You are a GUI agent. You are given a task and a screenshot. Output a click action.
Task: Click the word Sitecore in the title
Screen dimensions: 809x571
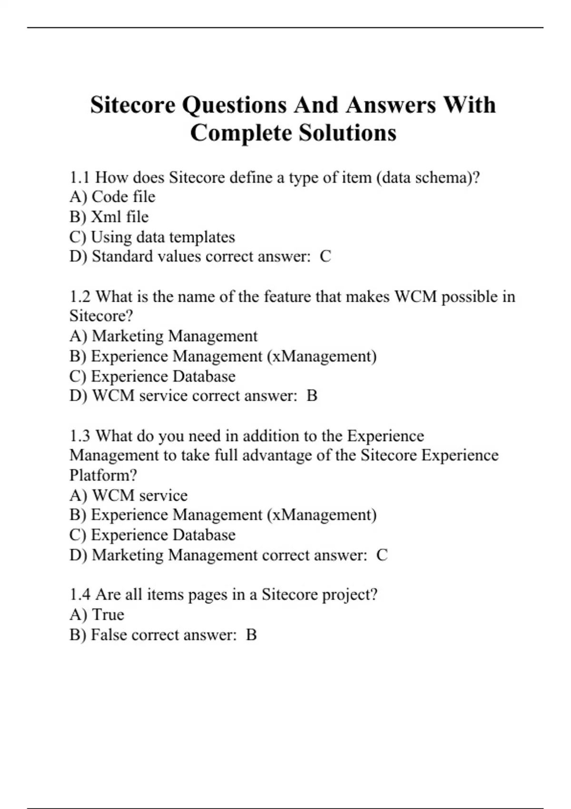coord(133,105)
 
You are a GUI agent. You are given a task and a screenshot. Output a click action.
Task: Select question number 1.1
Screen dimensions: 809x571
coord(79,178)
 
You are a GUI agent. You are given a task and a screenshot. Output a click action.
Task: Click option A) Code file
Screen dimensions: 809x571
coord(112,197)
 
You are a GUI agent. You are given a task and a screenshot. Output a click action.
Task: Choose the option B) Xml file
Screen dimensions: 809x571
coord(109,217)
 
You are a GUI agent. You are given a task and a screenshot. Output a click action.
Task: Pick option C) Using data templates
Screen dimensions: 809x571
coord(152,237)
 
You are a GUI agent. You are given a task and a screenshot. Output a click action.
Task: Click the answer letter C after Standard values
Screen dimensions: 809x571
coord(325,257)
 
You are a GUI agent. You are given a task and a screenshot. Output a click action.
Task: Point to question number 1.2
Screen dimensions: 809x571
coord(79,296)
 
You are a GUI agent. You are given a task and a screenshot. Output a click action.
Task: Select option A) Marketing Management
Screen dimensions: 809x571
coord(163,336)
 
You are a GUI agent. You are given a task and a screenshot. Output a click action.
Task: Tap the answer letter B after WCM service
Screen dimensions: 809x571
coord(312,396)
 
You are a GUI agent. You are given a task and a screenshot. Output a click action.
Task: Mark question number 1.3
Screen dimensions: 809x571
coord(79,436)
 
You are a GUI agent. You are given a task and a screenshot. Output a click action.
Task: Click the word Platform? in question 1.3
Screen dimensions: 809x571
coord(103,475)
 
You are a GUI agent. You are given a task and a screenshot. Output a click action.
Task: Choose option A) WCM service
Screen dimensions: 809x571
coord(128,495)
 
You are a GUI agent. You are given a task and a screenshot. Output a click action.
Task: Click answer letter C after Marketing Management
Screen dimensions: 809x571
coord(382,555)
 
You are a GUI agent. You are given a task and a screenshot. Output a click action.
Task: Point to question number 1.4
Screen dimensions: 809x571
coord(79,595)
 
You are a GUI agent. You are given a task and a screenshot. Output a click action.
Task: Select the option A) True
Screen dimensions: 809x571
coord(97,615)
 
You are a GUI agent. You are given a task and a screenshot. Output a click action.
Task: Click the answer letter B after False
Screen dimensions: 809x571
coord(251,635)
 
